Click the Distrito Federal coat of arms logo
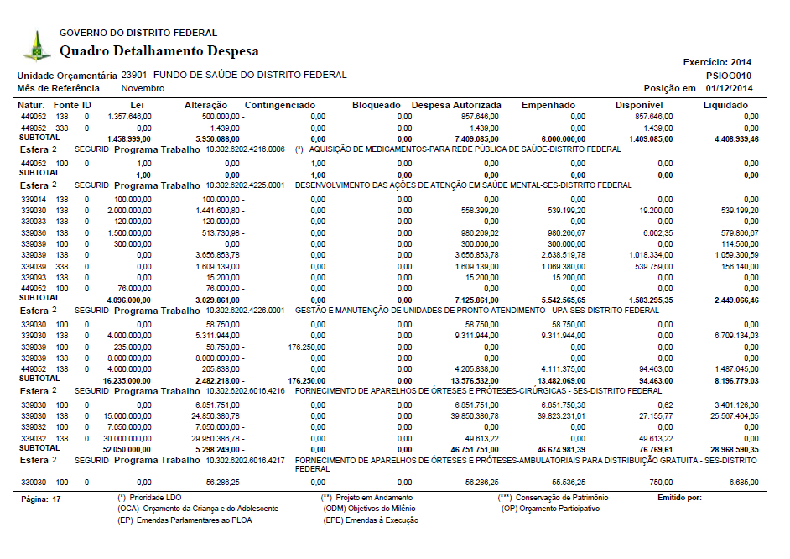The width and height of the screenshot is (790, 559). tap(36, 45)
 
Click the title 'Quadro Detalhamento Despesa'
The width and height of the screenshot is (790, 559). tap(159, 51)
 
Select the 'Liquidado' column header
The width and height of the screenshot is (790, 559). tap(725, 105)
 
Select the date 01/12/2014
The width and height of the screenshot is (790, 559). tap(730, 88)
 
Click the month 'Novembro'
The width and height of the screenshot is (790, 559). tap(143, 88)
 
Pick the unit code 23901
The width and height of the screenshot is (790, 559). tap(134, 75)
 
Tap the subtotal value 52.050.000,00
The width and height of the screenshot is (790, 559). tap(127, 449)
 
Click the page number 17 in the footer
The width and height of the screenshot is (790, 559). tap(56, 499)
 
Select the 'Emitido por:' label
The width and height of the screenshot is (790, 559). tap(680, 499)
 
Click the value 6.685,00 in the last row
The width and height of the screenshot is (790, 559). tap(743, 483)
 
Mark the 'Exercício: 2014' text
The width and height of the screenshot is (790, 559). tap(718, 62)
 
